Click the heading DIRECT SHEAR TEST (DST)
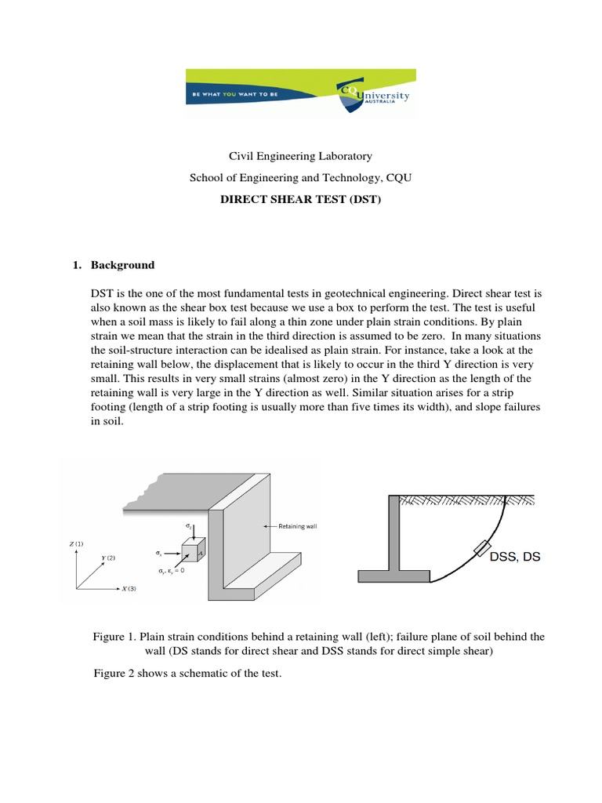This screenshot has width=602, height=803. pos(300,200)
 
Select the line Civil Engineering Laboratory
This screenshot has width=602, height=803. pos(300,156)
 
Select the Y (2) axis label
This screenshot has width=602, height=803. pos(108,558)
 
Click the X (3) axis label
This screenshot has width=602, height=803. pos(126,589)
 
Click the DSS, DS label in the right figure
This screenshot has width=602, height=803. pos(515,557)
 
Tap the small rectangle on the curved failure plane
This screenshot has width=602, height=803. pos(481,549)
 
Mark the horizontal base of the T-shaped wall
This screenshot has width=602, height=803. pos(393,576)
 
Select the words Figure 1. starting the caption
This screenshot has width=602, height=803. pos(115,637)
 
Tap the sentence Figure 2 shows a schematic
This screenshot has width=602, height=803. pos(187,673)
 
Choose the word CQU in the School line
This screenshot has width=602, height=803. pos(397,178)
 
